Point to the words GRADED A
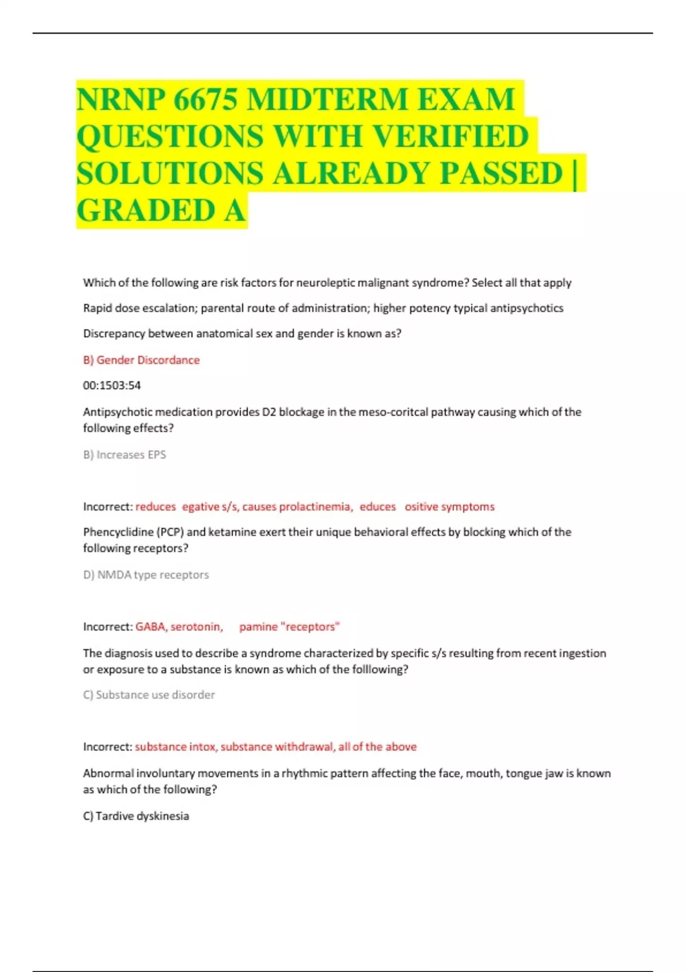click(161, 210)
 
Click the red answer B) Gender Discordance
click(141, 360)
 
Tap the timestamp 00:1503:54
click(111, 385)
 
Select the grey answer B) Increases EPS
click(125, 455)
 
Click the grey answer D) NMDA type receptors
click(146, 575)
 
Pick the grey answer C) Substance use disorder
click(149, 695)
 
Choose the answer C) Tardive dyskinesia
click(136, 816)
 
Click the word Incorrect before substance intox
click(107, 747)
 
